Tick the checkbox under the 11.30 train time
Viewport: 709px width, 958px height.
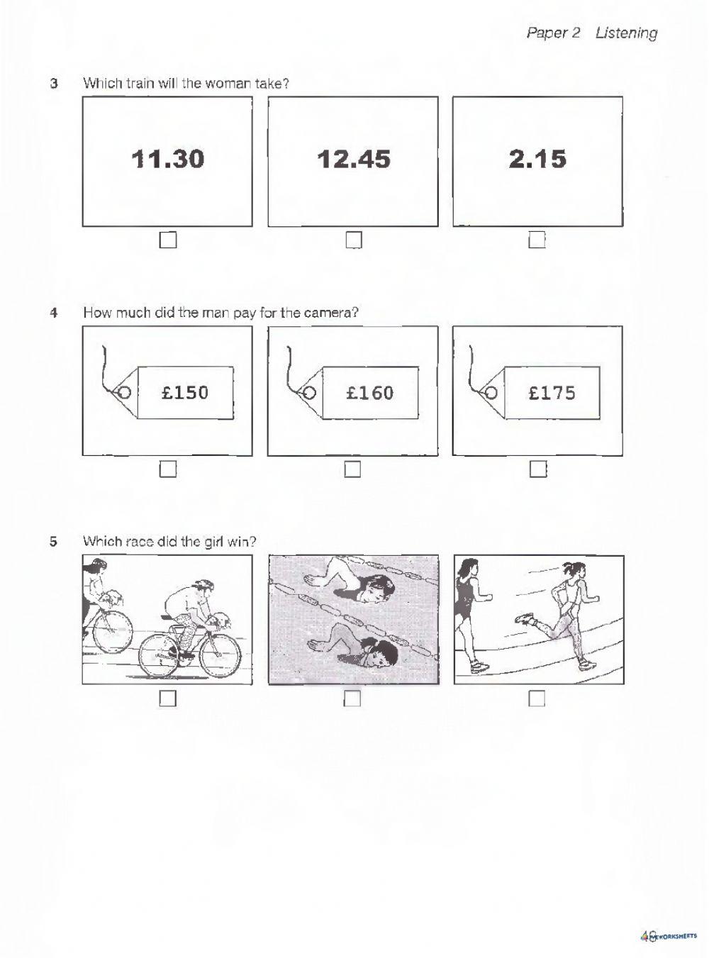point(167,241)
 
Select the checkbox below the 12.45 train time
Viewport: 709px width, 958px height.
point(354,241)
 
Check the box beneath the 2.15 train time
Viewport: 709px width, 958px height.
point(537,241)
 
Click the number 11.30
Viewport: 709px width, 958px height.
point(168,159)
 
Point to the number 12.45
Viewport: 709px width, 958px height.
point(354,159)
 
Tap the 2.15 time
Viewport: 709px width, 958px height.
point(537,159)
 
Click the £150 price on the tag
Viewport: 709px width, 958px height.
point(185,392)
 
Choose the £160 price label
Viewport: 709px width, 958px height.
point(369,392)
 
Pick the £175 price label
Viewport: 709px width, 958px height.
point(552,392)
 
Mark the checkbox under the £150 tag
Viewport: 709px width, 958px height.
point(167,469)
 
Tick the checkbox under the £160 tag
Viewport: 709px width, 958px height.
point(352,469)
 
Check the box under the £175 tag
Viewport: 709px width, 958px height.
point(538,469)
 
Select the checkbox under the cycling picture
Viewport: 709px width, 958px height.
point(167,699)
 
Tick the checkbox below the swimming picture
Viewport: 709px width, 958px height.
point(352,699)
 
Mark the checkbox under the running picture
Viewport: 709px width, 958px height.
point(537,699)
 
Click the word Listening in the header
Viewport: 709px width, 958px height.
point(626,33)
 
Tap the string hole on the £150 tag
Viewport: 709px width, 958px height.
point(123,392)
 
